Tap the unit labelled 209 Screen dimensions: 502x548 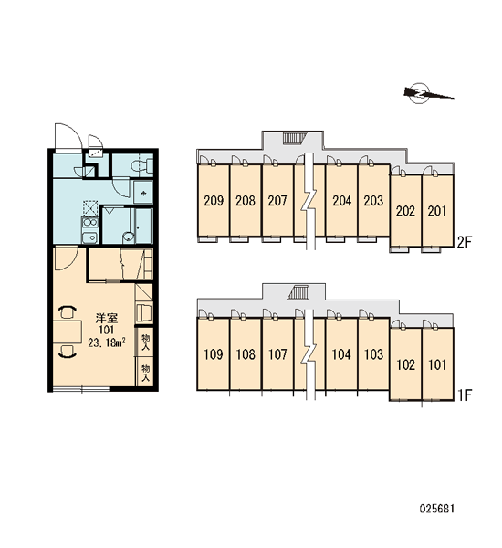(x=214, y=201)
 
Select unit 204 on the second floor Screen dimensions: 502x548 (x=341, y=201)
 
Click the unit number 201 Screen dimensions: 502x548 (x=437, y=211)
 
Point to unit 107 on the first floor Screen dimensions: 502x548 (x=277, y=354)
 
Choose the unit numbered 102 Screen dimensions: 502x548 (x=406, y=364)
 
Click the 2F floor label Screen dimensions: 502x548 (x=465, y=242)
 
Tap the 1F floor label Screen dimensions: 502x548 (x=465, y=395)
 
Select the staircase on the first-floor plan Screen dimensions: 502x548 (x=298, y=292)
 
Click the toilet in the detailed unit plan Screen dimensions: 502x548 (x=142, y=164)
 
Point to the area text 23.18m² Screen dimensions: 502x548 (x=106, y=342)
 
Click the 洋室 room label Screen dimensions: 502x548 (x=106, y=318)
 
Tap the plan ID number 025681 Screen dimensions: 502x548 (x=436, y=509)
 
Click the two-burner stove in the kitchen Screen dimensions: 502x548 (x=90, y=223)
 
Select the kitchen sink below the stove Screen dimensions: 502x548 (x=90, y=237)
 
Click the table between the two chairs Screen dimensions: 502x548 (x=68, y=332)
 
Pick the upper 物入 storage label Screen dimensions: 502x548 (x=145, y=342)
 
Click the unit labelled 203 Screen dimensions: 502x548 (x=373, y=201)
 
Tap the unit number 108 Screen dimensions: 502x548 (x=246, y=354)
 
